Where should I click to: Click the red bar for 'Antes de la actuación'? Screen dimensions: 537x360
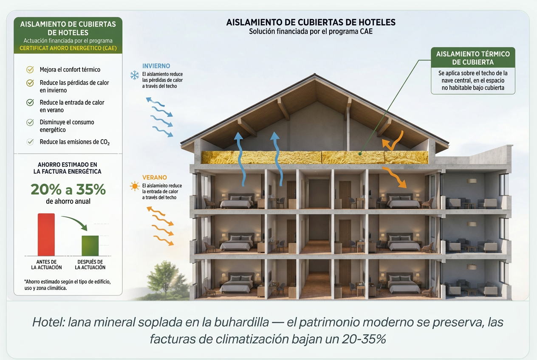[x=46, y=234]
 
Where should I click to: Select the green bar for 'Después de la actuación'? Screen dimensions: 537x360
[x=90, y=245]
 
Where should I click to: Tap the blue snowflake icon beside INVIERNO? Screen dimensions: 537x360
[x=135, y=75]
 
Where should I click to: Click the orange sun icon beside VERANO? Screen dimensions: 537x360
[x=135, y=186]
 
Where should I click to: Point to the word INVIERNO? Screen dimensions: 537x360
[x=156, y=66]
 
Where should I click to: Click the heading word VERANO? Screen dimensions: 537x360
[x=154, y=177]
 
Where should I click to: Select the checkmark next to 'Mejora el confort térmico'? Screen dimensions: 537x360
[x=30, y=70]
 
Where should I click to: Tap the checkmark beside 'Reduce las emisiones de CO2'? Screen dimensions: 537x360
[x=30, y=142]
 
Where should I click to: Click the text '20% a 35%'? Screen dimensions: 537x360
[x=68, y=189]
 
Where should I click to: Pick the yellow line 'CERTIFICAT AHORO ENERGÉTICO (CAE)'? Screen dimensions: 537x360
[x=68, y=48]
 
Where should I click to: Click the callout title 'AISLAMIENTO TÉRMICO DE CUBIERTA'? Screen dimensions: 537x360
[x=473, y=58]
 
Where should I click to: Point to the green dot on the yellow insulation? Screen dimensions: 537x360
[x=360, y=154]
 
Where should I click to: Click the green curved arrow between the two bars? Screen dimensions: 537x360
[x=75, y=222]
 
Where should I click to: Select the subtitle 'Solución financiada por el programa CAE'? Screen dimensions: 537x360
[x=311, y=31]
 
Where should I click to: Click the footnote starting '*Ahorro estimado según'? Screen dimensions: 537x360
[x=68, y=285]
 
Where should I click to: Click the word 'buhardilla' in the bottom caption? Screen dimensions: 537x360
[x=241, y=322]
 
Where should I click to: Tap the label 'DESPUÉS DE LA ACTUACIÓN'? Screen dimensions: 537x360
[x=90, y=264]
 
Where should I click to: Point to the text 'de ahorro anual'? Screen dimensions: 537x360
[x=68, y=201]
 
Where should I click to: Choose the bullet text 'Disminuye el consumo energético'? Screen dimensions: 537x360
[x=67, y=126]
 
